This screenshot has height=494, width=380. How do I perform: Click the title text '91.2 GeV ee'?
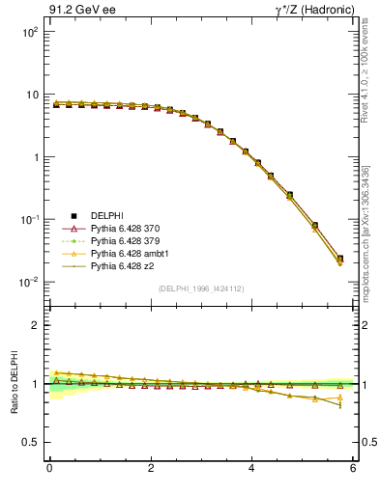coord(75,11)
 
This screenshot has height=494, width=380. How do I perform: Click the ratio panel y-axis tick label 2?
coord(35,325)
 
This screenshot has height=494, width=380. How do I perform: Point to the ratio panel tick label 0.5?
coord(31,442)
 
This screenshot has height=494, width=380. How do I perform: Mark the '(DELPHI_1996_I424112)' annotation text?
coord(200,288)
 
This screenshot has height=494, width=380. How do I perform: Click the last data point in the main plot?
coord(339,259)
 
